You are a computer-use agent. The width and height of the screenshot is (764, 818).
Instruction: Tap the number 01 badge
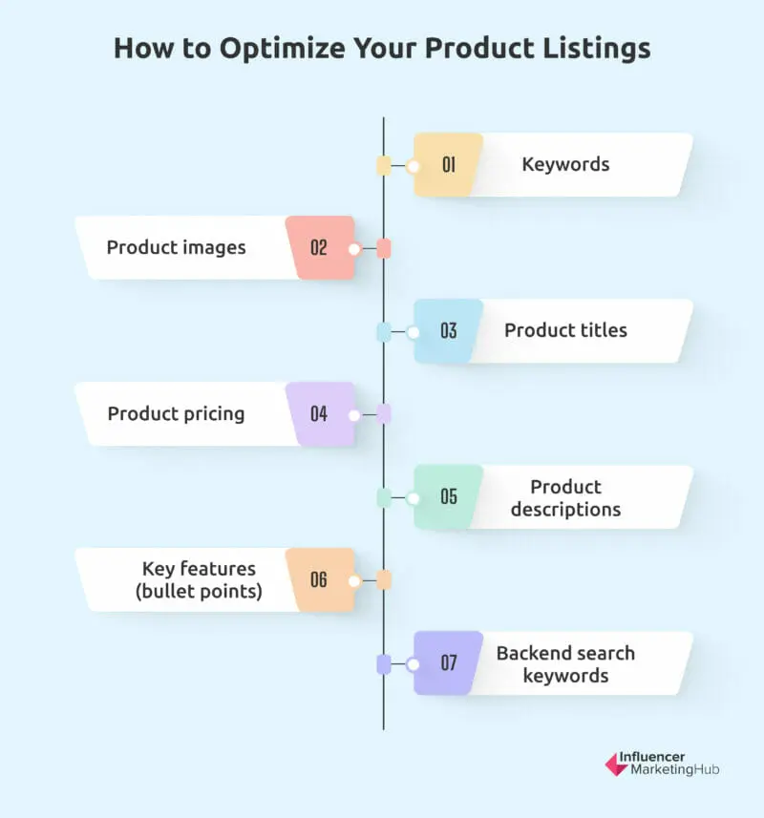448,165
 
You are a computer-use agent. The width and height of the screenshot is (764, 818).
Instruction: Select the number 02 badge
319,248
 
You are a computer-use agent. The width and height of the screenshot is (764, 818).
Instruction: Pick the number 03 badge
448,331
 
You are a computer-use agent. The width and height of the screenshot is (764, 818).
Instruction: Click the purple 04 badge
319,414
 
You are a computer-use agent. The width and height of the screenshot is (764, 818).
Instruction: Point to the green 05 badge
448,497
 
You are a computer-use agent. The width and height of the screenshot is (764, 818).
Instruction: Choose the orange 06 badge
319,580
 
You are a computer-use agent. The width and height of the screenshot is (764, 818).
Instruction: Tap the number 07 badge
448,663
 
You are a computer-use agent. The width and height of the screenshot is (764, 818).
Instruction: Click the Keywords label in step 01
565,164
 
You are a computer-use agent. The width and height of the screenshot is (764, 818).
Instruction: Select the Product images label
176,247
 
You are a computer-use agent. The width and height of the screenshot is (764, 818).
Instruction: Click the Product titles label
565,330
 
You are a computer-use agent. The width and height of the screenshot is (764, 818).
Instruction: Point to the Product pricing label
176,413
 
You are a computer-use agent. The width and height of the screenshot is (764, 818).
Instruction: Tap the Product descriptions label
565,497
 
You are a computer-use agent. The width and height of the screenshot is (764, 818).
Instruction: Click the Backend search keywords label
565,663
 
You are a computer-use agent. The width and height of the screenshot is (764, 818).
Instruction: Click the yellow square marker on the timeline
384,166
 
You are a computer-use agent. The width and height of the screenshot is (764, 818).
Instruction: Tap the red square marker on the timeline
384,249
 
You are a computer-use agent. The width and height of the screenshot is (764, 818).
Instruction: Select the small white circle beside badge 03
413,332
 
